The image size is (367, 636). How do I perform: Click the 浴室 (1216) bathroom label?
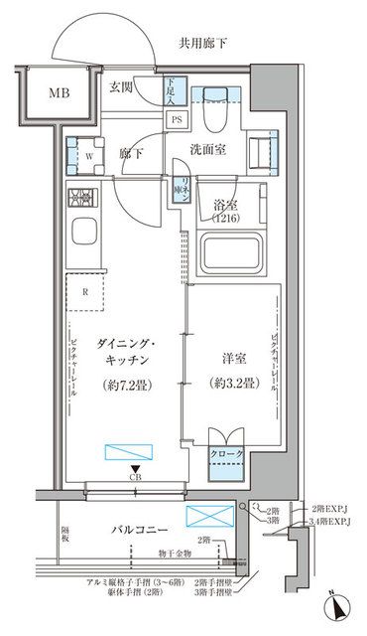(x=224, y=212)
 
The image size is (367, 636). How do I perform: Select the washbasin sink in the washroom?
(x=267, y=153)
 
